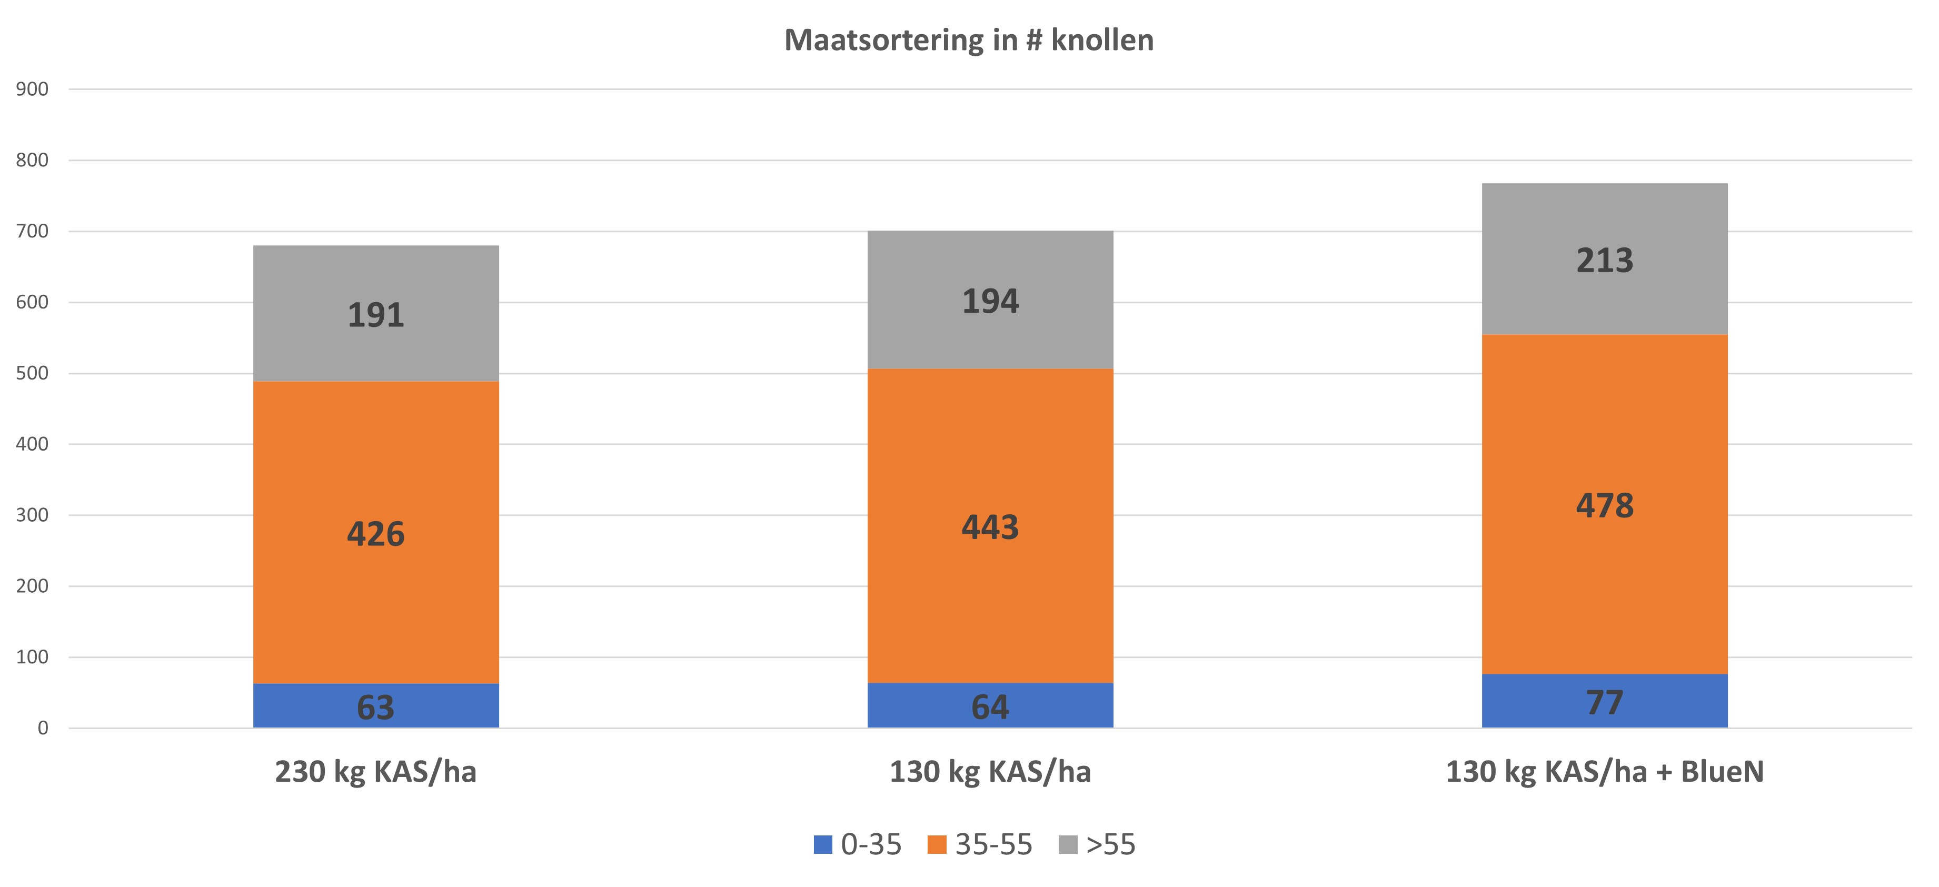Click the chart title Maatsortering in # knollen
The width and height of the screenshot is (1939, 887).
click(969, 41)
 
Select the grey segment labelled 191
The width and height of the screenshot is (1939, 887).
click(375, 313)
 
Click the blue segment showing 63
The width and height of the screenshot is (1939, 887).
click(375, 706)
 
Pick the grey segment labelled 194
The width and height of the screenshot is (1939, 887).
click(990, 300)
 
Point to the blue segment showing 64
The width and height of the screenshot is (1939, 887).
click(990, 706)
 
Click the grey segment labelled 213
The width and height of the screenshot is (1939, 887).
click(1604, 259)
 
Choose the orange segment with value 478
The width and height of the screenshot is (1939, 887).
click(1604, 504)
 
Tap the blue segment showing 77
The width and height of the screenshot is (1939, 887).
click(1604, 701)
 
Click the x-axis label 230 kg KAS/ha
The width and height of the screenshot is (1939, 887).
click(375, 772)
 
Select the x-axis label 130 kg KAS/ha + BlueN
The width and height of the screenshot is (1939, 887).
click(1604, 772)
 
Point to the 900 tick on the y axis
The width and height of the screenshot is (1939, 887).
click(32, 89)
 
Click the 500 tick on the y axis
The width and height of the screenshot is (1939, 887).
click(32, 373)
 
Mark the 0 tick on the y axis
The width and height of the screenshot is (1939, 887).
click(43, 728)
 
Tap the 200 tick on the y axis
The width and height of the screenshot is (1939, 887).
click(32, 586)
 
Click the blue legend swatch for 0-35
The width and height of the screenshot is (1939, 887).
click(823, 844)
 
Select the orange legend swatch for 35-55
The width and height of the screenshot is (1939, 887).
click(937, 844)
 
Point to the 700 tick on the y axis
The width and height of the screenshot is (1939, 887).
click(32, 231)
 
